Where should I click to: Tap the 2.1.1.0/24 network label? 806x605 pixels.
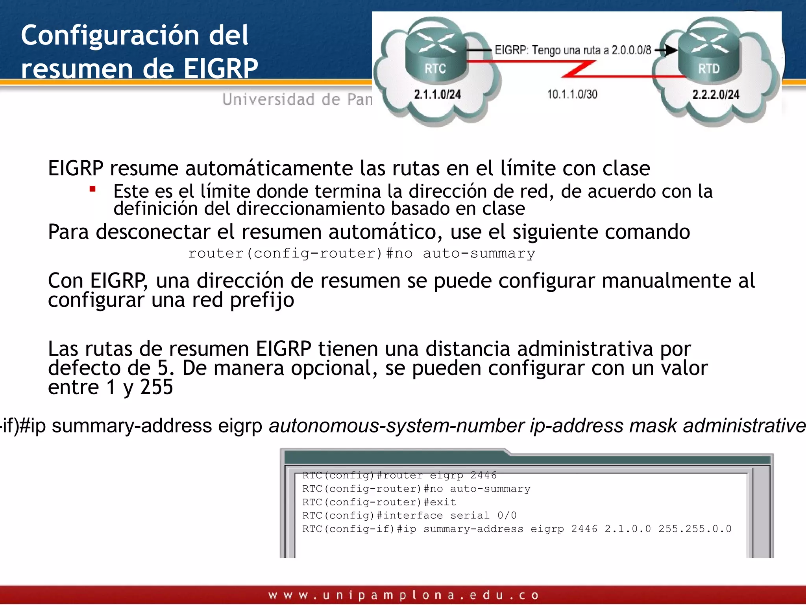point(437,95)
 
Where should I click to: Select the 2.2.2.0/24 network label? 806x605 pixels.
point(715,95)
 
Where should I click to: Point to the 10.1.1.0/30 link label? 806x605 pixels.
point(572,95)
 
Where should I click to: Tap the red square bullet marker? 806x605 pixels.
point(93,189)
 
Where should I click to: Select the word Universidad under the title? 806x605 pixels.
point(268,99)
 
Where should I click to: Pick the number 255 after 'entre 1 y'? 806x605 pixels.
point(156,387)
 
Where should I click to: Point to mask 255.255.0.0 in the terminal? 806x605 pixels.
point(695,529)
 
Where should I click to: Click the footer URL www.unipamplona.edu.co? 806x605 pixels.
point(403,595)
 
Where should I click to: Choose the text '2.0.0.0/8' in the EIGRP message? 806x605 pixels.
point(631,50)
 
